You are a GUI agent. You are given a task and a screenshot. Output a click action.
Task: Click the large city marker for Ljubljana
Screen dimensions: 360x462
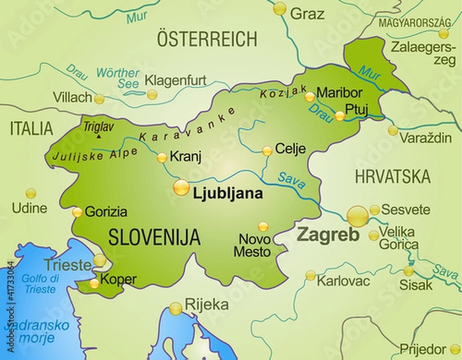coord(181,187)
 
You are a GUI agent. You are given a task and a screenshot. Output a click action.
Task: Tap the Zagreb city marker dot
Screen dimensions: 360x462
coord(357,215)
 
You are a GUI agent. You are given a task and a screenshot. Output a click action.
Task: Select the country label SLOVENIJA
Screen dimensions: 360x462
coord(154,236)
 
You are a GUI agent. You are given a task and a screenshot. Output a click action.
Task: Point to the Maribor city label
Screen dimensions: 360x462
coord(340,91)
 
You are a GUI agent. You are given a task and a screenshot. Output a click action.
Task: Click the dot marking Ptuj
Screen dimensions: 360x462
coord(340,116)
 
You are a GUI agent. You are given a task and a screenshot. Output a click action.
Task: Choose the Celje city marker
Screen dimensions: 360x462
coord(267,151)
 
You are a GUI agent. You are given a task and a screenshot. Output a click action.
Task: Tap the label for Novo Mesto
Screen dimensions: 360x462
coord(253,245)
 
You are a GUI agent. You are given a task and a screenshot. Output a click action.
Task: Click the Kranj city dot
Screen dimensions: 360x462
coord(162,158)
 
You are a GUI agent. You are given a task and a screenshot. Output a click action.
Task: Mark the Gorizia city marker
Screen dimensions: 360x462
coord(77,212)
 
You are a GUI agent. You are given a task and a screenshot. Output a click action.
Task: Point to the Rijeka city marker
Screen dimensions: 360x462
coord(176,308)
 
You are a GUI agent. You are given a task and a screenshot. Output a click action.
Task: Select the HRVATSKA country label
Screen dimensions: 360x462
coord(392,176)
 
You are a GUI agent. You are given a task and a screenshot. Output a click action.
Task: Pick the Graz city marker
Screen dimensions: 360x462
coord(280,9)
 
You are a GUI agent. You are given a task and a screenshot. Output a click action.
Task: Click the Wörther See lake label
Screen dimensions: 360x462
coord(118,78)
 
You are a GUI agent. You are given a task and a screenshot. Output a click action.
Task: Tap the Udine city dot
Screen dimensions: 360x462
coord(31,193)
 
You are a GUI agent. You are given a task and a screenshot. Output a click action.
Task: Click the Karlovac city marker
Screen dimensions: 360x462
coord(310,275)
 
